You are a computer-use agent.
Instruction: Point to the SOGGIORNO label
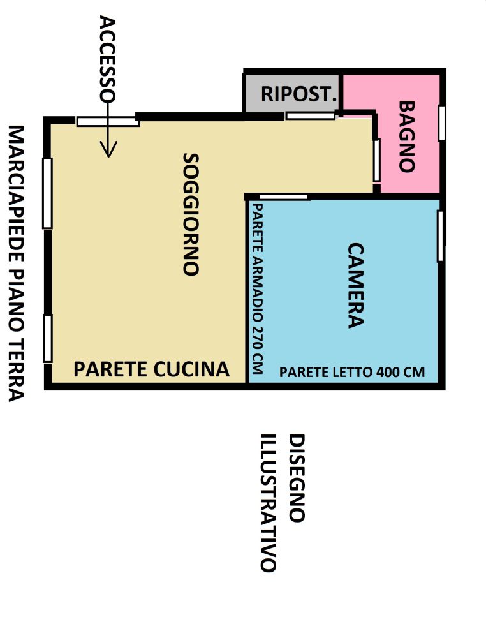191,214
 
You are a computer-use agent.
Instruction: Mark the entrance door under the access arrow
108,121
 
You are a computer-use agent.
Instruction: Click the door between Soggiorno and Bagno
377,159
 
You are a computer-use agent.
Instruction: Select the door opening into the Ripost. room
310,115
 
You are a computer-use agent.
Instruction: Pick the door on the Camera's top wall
284,197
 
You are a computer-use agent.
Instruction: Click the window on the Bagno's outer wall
441,122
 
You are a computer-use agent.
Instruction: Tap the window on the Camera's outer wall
440,235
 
